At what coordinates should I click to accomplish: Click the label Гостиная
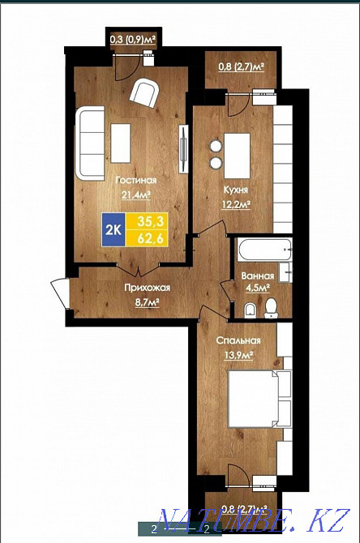point(135,181)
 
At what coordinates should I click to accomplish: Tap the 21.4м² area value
point(135,195)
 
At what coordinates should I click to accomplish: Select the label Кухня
point(236,191)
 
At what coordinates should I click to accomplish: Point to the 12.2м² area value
point(236,205)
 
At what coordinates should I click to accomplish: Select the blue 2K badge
point(114,229)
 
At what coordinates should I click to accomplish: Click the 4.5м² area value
point(259,286)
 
